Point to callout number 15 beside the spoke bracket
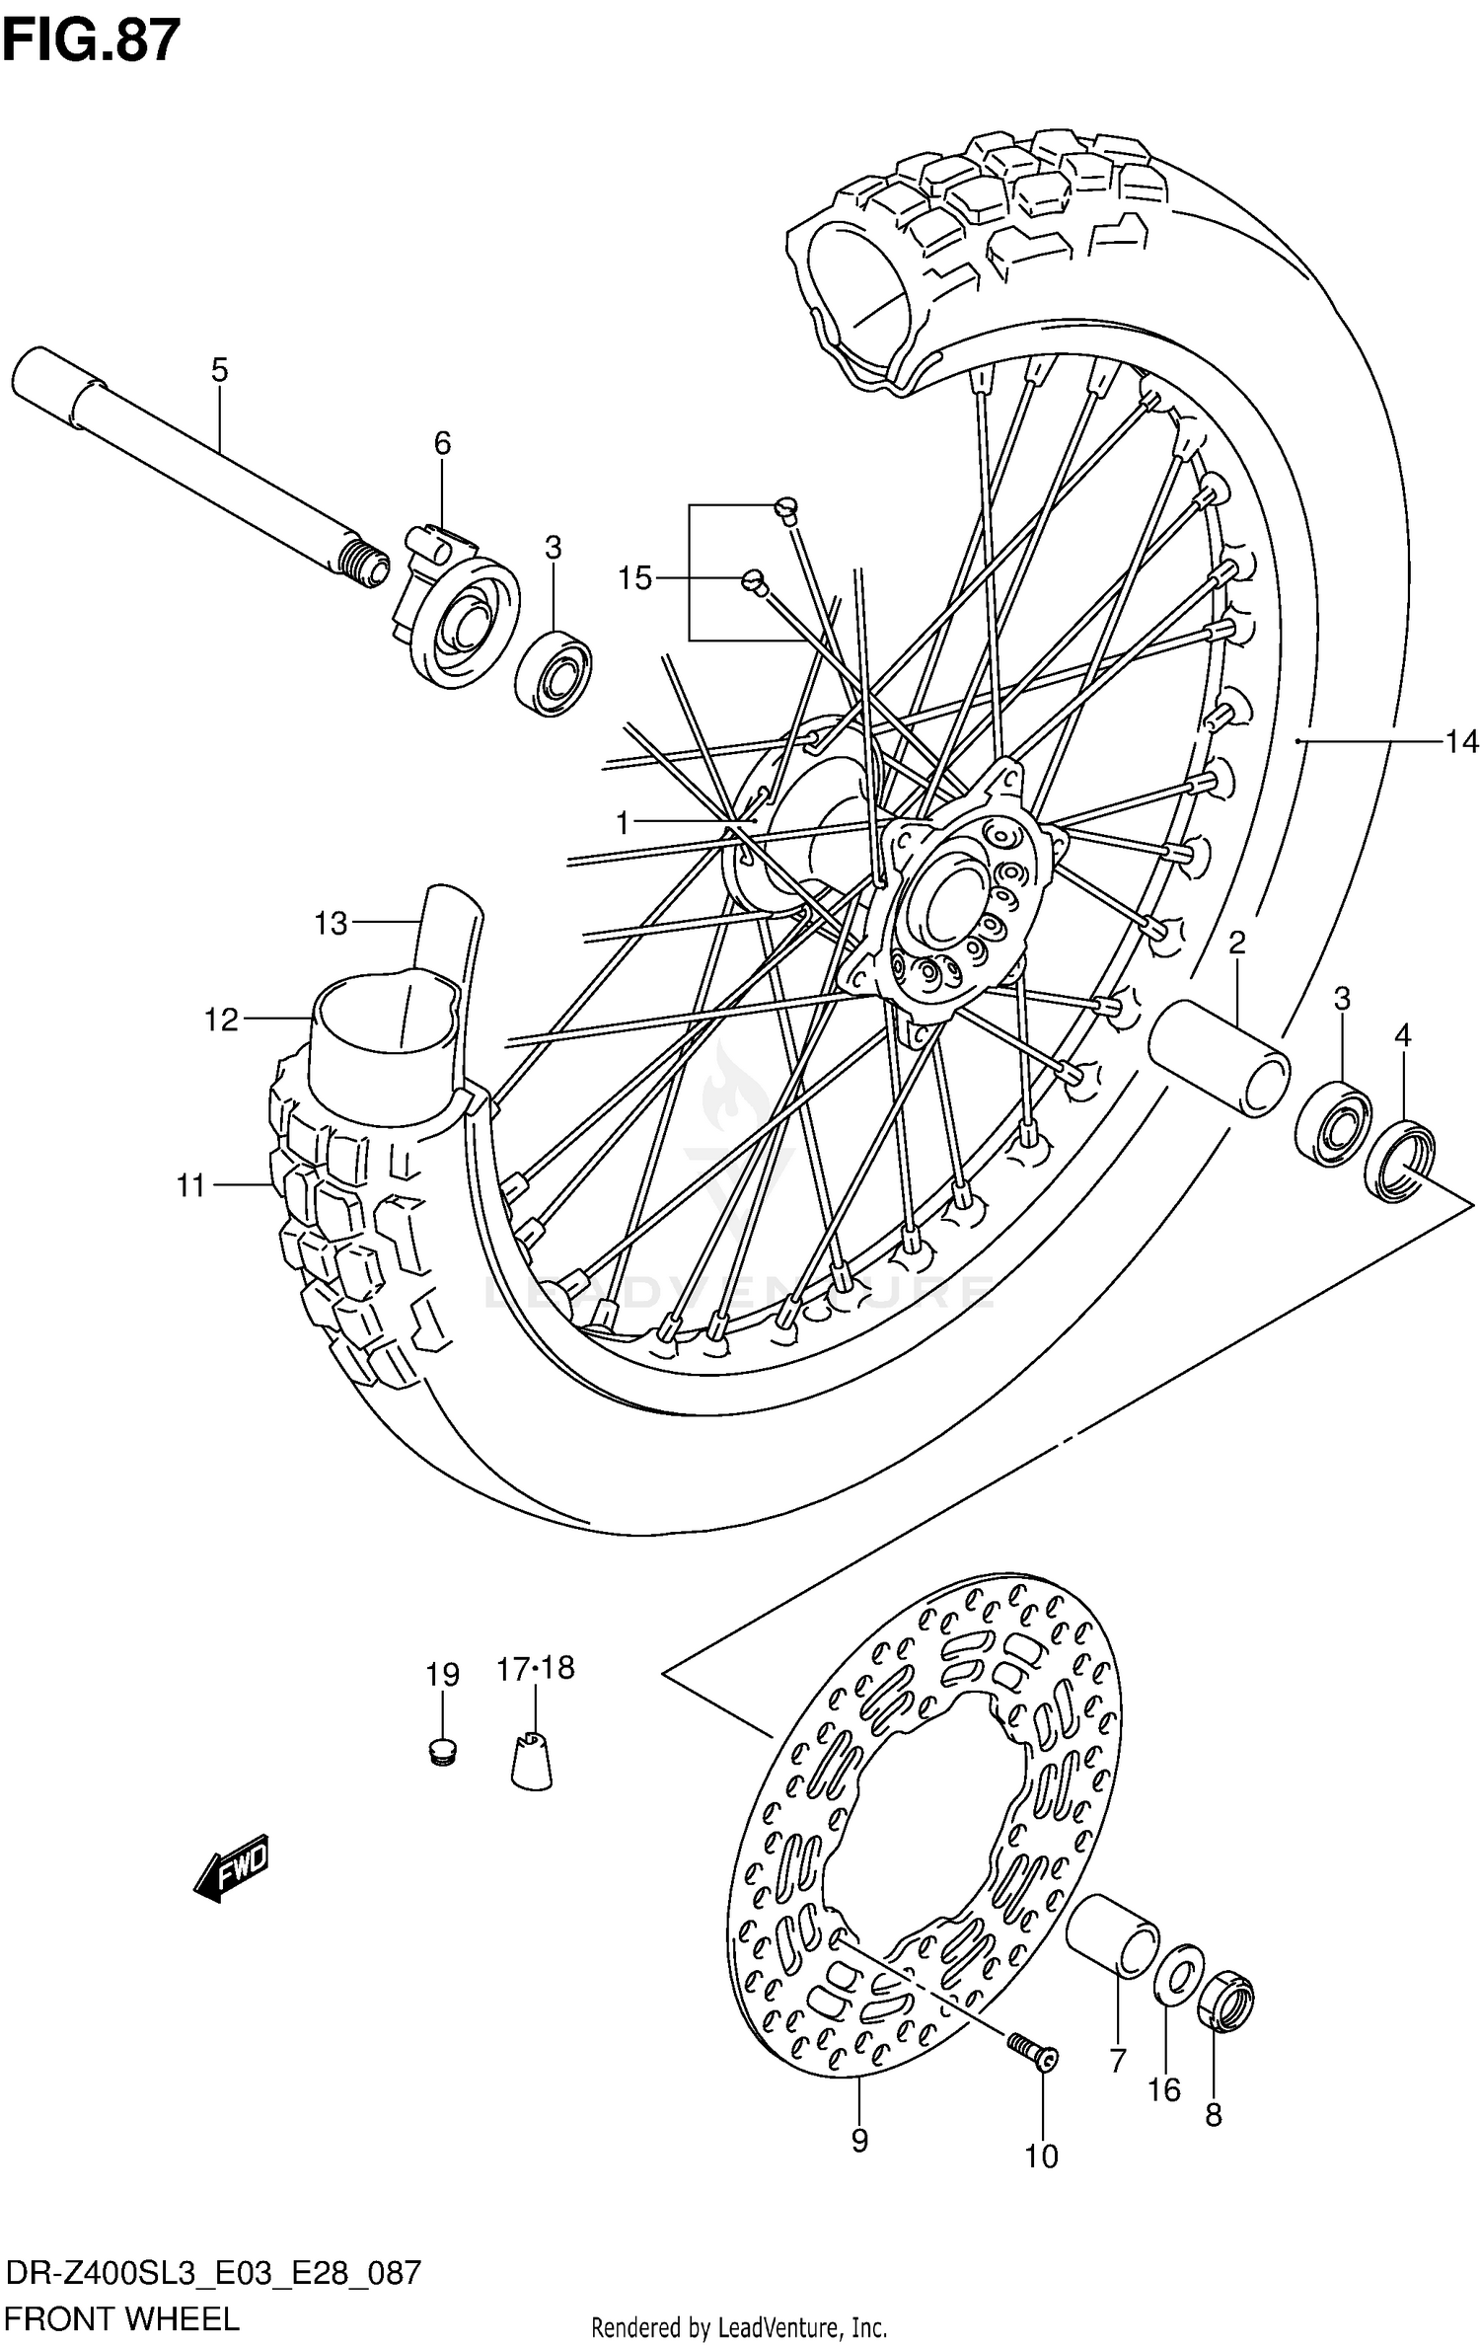point(634,578)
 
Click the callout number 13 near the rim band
point(332,924)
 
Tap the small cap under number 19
point(443,1752)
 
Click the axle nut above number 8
point(1224,2002)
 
